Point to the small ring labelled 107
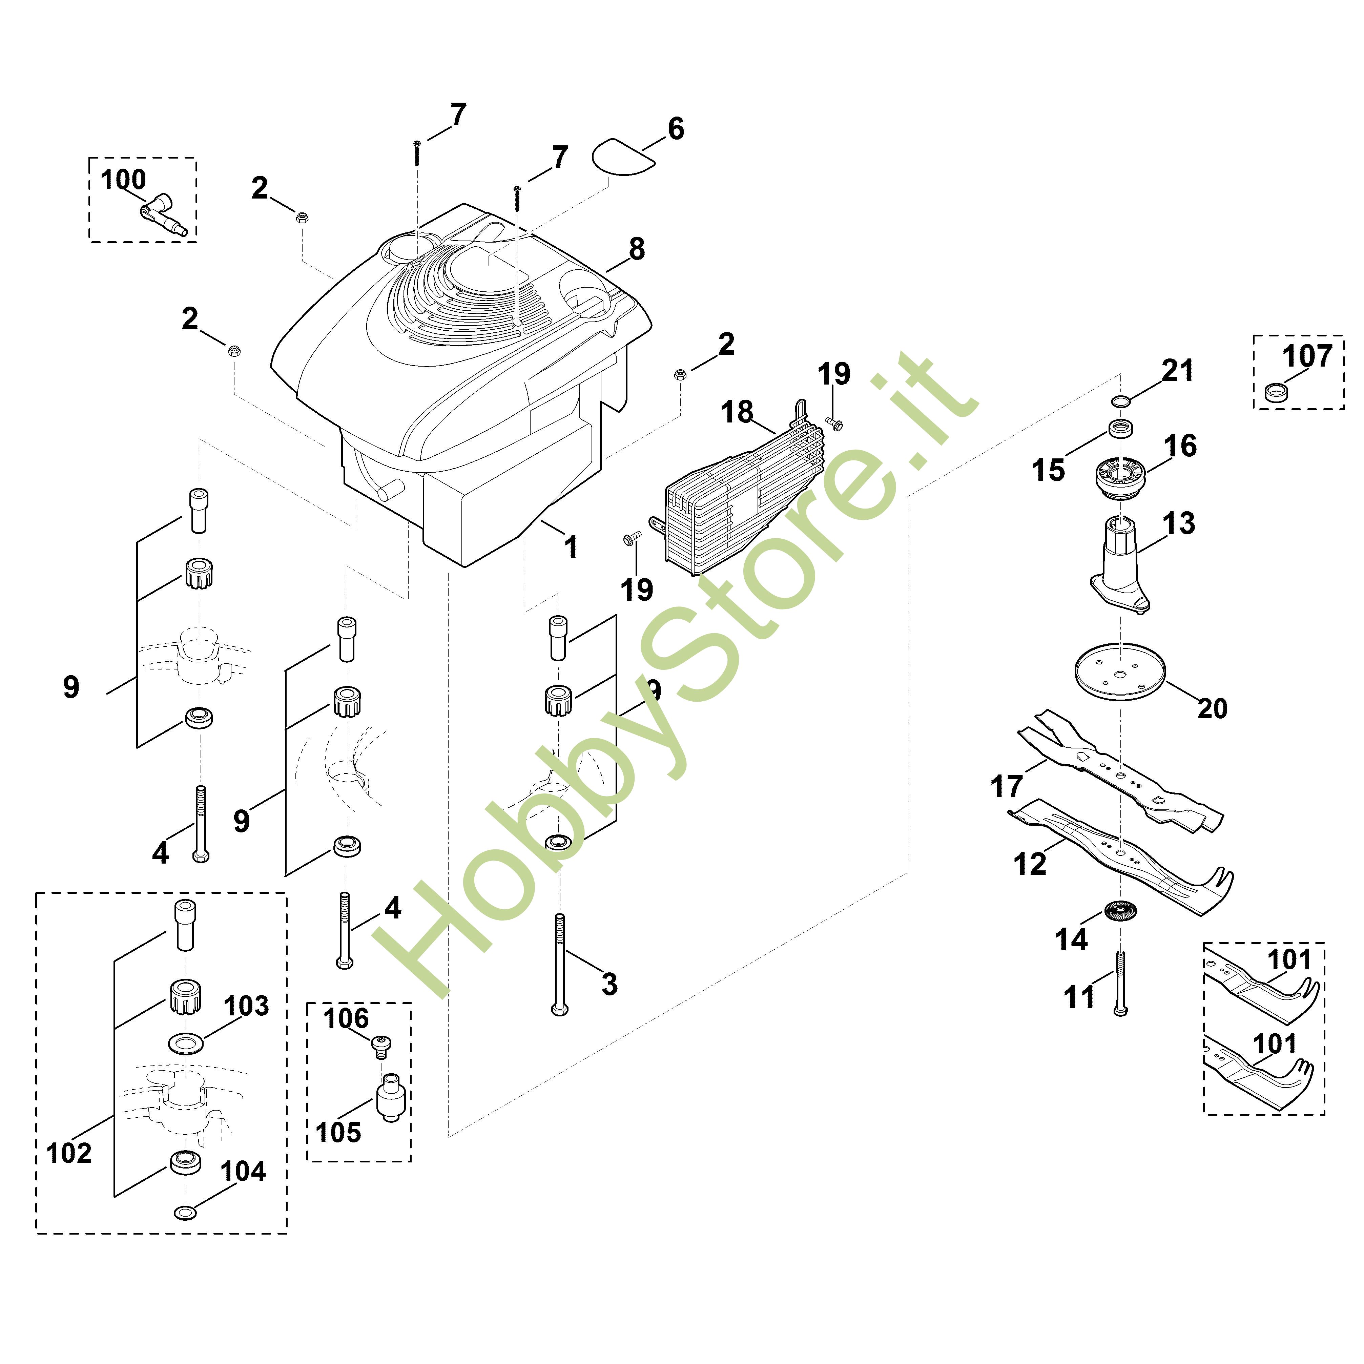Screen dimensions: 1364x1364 pyautogui.click(x=1276, y=392)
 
